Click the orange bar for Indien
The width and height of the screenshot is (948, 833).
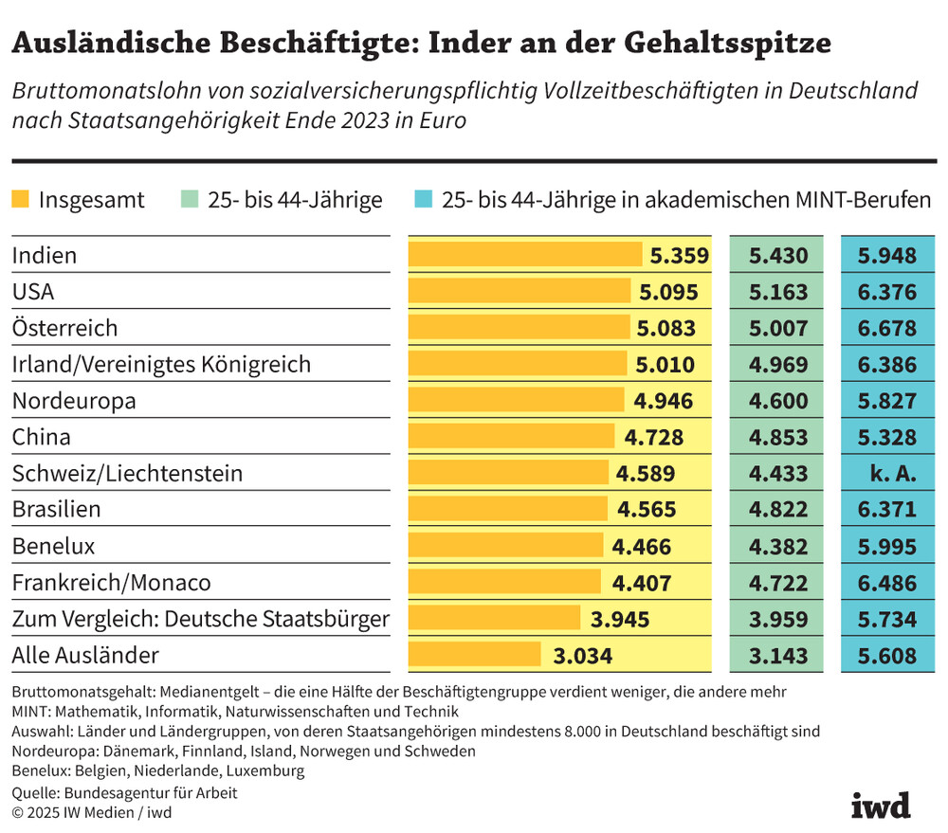tap(525, 255)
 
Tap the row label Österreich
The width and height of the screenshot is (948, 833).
tap(64, 328)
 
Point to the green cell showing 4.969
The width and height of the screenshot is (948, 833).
tap(778, 365)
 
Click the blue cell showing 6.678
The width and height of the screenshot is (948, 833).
tap(886, 329)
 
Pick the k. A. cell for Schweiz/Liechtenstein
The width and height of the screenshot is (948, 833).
tap(886, 474)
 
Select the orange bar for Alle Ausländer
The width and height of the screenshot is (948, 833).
tap(474, 655)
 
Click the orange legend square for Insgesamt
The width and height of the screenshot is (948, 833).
tap(21, 200)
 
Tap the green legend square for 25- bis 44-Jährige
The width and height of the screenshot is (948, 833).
tap(189, 200)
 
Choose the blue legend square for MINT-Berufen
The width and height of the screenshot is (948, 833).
tap(424, 200)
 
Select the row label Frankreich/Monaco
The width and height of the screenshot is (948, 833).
tap(111, 582)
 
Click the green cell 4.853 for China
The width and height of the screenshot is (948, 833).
tap(778, 438)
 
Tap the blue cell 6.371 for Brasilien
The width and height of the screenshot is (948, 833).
tap(886, 510)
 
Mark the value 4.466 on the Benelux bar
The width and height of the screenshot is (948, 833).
tap(642, 547)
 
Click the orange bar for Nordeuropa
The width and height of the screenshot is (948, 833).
tap(516, 401)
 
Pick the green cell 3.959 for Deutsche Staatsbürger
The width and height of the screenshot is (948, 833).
tap(778, 620)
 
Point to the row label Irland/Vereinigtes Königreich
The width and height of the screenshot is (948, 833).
tap(161, 364)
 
